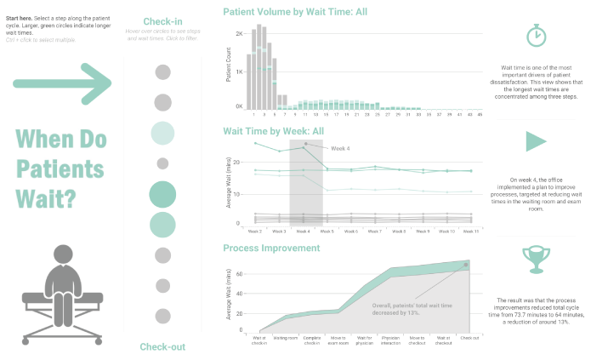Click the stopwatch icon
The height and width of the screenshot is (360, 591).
(537, 36)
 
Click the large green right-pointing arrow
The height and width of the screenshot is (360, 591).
(62, 83)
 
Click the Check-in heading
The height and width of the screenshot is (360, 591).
(162, 22)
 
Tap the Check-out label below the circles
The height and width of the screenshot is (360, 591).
(162, 346)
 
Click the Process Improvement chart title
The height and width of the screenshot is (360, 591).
(271, 248)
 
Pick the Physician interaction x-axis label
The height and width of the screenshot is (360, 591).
(390, 340)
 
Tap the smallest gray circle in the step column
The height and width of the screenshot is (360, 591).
(162, 163)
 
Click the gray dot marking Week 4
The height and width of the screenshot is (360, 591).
(305, 144)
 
